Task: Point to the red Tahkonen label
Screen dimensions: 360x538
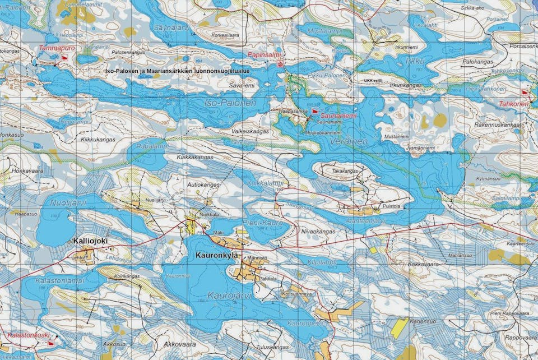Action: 514,104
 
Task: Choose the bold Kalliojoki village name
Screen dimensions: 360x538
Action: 90,241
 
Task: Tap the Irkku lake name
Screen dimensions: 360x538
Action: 415,60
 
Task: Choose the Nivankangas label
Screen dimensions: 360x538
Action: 318,230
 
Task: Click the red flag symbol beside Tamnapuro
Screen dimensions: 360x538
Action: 64,57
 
